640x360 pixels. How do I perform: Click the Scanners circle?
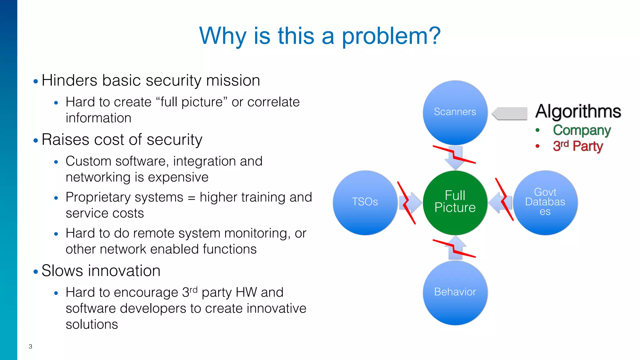(455, 112)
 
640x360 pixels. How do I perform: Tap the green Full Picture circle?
(455, 202)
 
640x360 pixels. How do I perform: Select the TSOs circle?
(365, 202)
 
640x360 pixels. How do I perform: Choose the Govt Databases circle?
(545, 202)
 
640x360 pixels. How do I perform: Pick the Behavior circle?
(455, 292)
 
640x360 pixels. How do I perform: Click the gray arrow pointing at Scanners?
(510, 113)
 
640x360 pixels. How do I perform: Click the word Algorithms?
(578, 111)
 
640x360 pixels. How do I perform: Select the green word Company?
(582, 130)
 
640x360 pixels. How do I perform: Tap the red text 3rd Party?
(577, 146)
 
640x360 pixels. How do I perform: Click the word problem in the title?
(391, 36)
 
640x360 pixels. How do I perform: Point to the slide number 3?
(30, 346)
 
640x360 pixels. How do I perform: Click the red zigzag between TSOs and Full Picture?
(406, 203)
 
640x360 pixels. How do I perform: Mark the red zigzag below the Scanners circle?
(454, 154)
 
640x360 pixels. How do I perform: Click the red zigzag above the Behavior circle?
(454, 248)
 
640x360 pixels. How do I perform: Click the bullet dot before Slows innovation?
(36, 272)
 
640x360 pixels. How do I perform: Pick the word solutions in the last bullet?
(92, 324)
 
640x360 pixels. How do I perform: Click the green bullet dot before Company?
(537, 130)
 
